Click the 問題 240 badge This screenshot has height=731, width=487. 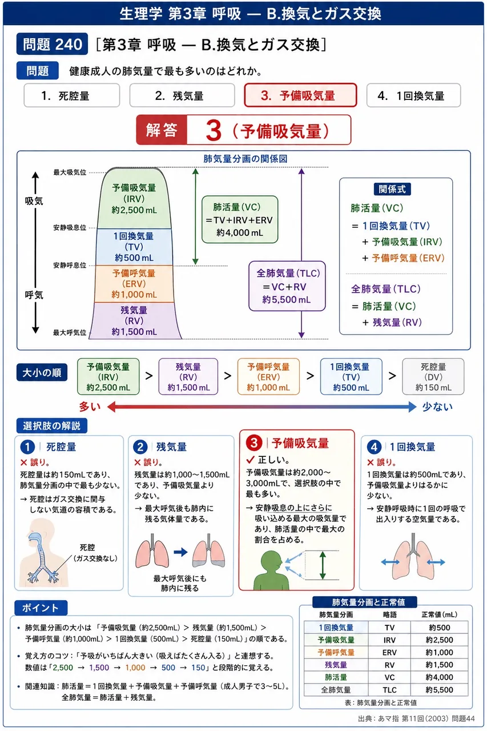52,44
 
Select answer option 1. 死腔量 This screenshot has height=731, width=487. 72,95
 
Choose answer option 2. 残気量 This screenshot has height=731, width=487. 182,95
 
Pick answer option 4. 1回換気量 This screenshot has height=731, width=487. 413,95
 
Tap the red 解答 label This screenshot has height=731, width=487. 162,130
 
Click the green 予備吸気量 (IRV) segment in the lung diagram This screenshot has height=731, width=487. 134,198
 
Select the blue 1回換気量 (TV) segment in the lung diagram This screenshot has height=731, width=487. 134,247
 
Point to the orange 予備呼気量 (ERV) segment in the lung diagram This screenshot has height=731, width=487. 134,284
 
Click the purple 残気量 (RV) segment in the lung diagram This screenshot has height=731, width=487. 134,321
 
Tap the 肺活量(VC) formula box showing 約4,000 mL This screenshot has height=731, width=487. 240,220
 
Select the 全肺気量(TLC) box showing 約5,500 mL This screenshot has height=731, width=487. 287,286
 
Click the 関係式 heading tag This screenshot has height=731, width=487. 392,189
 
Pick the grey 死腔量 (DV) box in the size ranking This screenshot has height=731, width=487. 433,376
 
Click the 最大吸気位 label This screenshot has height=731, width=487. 70,172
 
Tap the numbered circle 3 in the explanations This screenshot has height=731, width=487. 254,443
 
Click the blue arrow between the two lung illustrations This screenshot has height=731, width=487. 180,552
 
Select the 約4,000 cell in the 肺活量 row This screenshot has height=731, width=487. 439,677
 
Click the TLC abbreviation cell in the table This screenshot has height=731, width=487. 389,690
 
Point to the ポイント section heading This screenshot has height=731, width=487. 41,608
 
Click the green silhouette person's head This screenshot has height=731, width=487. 271,561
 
